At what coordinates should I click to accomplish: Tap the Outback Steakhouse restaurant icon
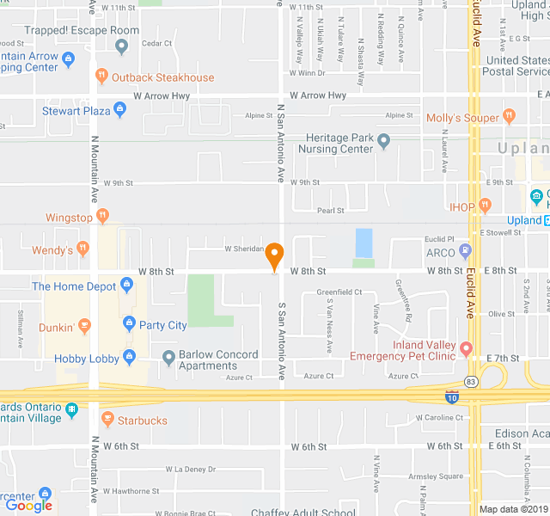point(101,77)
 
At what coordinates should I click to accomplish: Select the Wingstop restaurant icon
point(103,217)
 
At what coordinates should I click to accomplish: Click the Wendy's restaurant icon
point(82,249)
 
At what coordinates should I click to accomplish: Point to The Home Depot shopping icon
point(127,285)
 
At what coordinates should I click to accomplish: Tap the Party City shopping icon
point(129,324)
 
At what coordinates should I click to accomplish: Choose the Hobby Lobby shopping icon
point(129,357)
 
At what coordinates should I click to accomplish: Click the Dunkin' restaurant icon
point(83,326)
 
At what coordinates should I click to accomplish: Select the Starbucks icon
point(107,420)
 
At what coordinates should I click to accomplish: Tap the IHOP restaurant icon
point(486,206)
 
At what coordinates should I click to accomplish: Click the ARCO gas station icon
point(466,251)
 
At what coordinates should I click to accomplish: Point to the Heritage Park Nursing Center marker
point(383,140)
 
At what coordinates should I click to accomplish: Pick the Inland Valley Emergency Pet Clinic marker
point(466,348)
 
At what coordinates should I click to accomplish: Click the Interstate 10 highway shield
point(452,397)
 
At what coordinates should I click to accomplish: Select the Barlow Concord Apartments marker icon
point(168,357)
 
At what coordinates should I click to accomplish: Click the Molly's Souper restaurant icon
point(509,115)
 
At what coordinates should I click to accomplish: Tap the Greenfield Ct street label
point(339,292)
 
